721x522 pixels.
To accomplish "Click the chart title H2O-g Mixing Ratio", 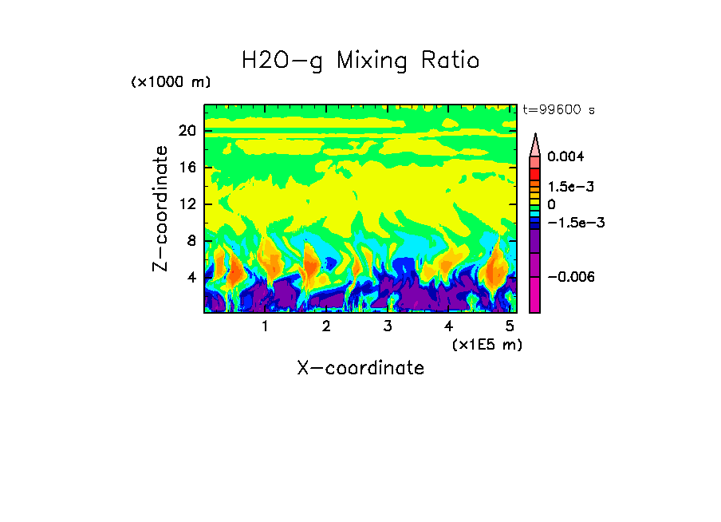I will point(360,61).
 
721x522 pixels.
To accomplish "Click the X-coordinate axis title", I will point(360,368).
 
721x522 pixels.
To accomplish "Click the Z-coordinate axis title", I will point(162,208).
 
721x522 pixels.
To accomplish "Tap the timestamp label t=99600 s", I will point(558,110).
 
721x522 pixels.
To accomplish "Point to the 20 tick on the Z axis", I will point(187,132).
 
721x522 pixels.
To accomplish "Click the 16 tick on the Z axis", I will point(187,168).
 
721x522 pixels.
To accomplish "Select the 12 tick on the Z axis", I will point(187,204).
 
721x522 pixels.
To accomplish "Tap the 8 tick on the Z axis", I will point(191,241).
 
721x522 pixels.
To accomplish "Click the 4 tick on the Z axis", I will point(191,278).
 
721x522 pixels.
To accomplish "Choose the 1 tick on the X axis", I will point(266,326).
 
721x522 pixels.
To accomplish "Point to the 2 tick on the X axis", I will point(326,326).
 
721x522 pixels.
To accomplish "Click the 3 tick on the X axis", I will point(388,326).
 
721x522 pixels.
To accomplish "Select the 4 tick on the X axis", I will point(448,326).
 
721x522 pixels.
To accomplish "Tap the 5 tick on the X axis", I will point(510,326).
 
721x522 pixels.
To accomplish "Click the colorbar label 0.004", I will point(565,157).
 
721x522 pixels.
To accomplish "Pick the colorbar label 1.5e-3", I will point(571,186).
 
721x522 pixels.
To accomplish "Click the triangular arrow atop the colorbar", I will point(535,144).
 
